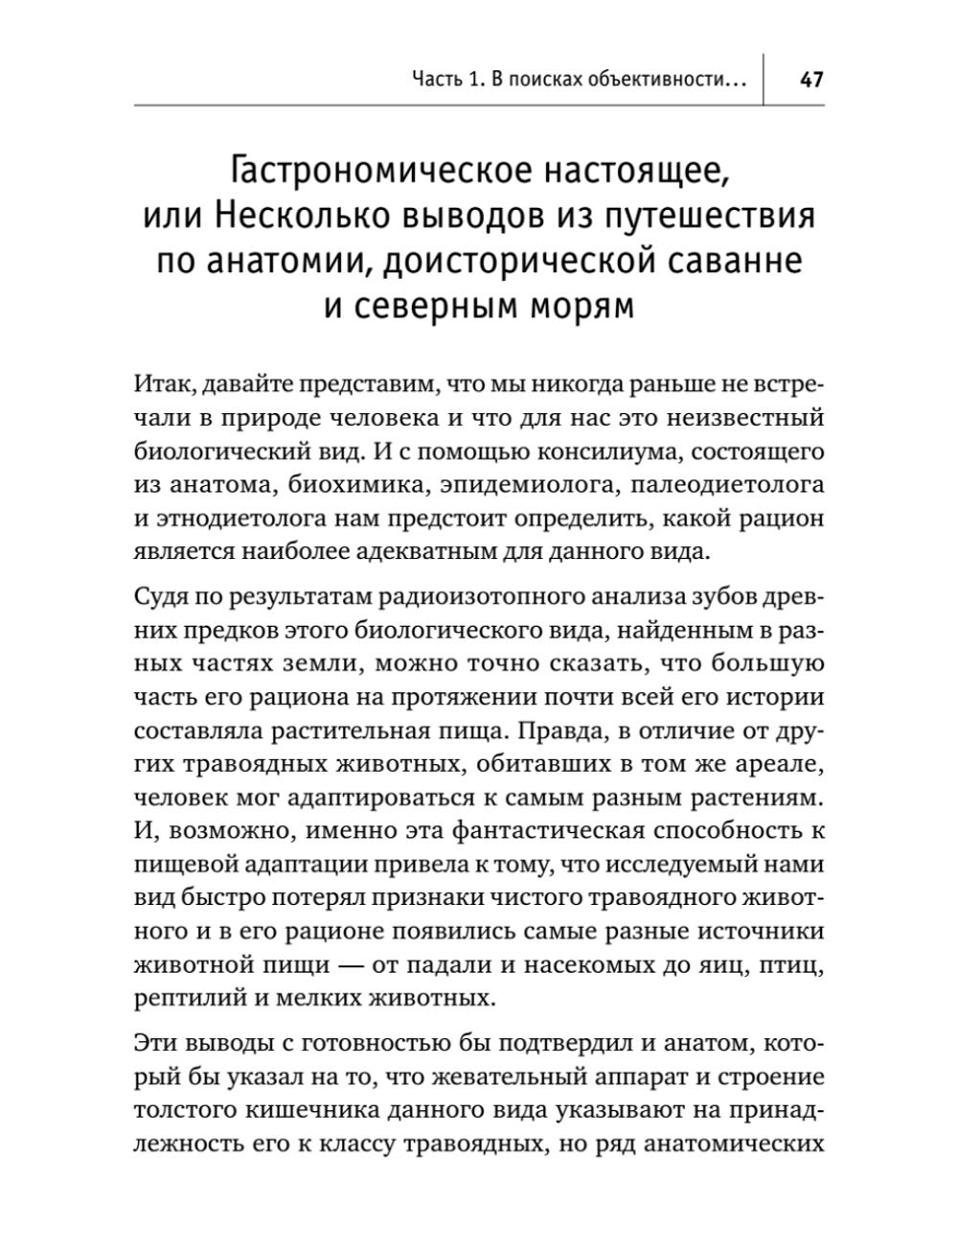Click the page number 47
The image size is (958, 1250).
tap(810, 80)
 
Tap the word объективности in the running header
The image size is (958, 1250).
tap(670, 81)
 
